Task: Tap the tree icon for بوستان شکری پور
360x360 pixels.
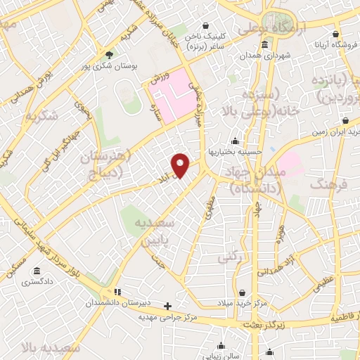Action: pyautogui.click(x=108, y=54)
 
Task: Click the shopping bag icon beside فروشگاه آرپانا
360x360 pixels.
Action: pyautogui.click(x=336, y=34)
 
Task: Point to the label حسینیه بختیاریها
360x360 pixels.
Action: pyautogui.click(x=233, y=151)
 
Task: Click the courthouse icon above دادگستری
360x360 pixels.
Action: pyautogui.click(x=35, y=271)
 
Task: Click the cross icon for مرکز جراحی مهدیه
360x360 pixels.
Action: pyautogui.click(x=167, y=306)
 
